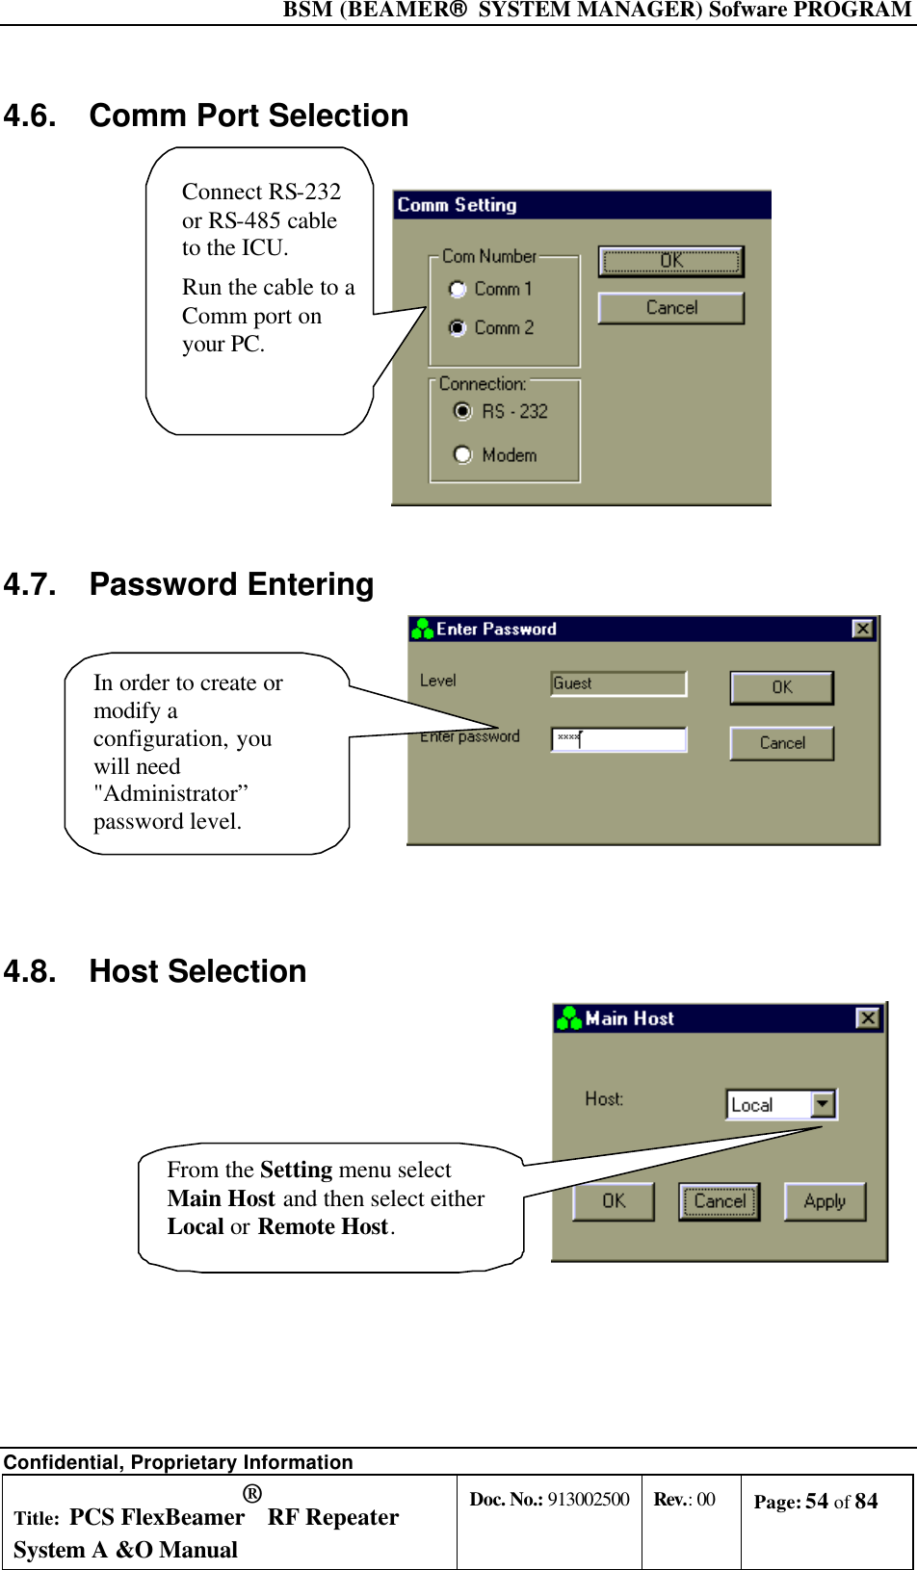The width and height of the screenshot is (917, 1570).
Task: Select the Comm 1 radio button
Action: [x=458, y=289]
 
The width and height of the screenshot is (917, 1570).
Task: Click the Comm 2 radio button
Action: [x=458, y=327]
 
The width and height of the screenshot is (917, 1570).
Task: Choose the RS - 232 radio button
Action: [x=463, y=411]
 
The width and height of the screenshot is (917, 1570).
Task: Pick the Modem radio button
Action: [x=463, y=454]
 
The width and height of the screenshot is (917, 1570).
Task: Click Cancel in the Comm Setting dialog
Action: [x=671, y=308]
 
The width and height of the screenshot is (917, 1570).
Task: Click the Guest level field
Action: [x=618, y=683]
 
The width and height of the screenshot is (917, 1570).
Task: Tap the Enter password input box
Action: [x=618, y=739]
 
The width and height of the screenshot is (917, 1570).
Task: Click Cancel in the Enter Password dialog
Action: [x=782, y=743]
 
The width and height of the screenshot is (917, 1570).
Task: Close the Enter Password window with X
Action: [x=863, y=629]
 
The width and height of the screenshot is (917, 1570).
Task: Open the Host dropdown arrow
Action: [x=823, y=1104]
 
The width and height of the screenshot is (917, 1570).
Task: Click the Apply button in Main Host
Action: [x=825, y=1201]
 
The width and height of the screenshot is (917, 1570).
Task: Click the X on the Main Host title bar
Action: [x=868, y=1018]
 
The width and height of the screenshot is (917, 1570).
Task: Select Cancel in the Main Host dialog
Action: [x=720, y=1201]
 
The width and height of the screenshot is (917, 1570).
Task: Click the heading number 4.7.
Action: [x=30, y=585]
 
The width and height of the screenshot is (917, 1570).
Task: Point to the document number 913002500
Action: [x=588, y=1500]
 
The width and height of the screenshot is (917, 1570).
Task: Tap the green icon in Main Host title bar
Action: [x=569, y=1018]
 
